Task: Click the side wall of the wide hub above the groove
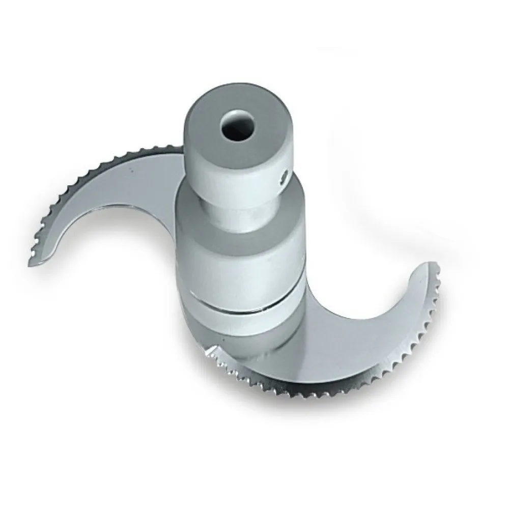click(239, 254)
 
